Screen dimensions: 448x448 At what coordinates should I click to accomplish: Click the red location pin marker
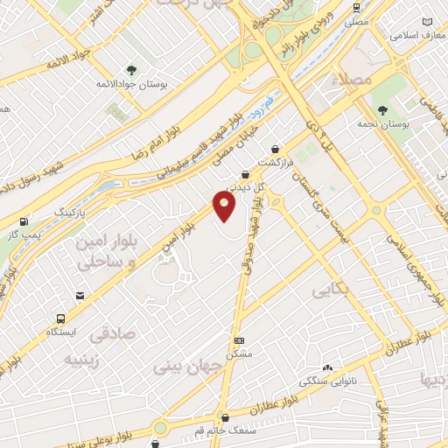click(x=225, y=206)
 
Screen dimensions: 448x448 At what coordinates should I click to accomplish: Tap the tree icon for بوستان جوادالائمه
click(x=131, y=70)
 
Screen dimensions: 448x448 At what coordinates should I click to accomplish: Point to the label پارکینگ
click(x=71, y=213)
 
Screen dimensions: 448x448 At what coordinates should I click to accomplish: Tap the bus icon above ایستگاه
click(x=60, y=318)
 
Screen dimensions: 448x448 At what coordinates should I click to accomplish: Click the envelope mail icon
click(x=80, y=297)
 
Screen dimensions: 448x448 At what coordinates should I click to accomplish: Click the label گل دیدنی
click(x=244, y=185)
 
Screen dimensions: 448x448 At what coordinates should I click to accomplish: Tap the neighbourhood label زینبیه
click(x=82, y=359)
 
